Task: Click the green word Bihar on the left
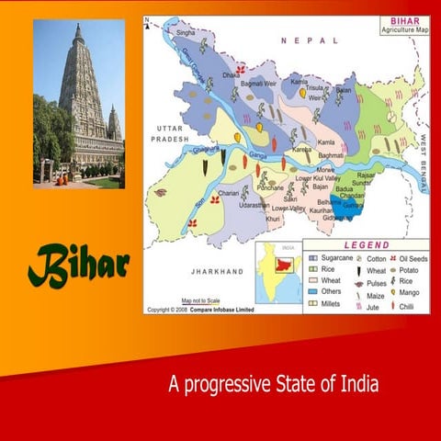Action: [77, 266]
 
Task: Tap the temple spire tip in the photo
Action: [79, 27]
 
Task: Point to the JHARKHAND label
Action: [217, 272]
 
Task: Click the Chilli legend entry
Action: [407, 305]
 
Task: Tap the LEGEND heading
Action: [366, 245]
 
